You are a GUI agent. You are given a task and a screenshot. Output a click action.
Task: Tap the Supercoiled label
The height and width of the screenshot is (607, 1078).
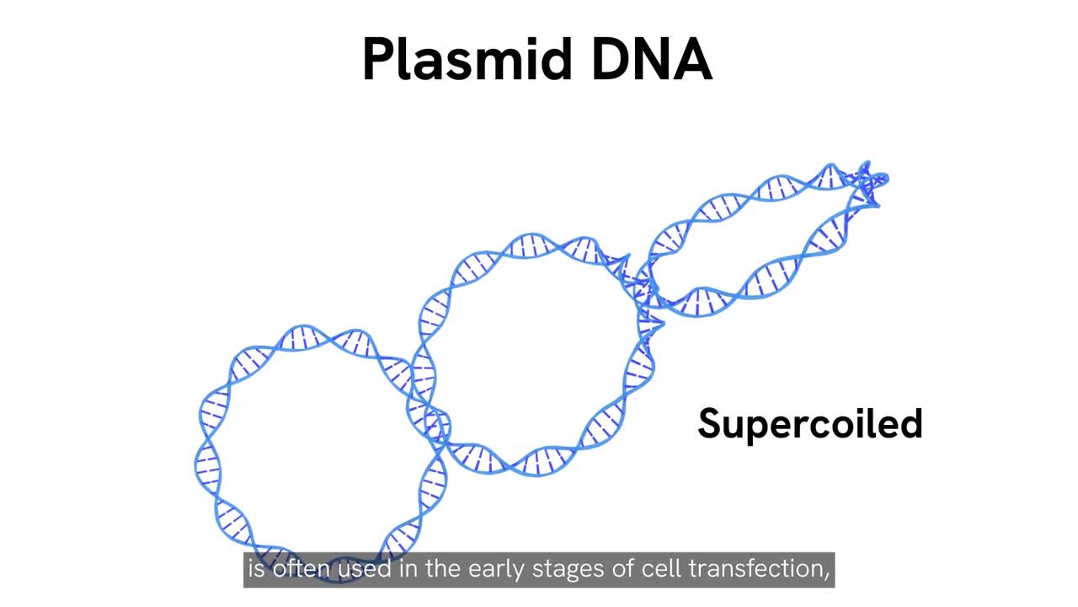809,423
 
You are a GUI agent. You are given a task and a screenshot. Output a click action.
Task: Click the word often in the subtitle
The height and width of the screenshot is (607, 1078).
302,570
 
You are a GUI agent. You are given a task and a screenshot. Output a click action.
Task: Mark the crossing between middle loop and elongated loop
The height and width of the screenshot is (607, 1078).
640,287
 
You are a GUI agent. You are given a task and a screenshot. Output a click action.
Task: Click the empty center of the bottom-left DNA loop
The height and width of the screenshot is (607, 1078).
320,455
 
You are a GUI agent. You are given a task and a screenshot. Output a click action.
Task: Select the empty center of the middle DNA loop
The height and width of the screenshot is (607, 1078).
531,354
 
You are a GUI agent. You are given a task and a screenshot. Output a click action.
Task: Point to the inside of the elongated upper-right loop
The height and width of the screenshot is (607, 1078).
758,244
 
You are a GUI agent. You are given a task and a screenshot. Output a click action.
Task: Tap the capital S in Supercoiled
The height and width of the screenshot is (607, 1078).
709,423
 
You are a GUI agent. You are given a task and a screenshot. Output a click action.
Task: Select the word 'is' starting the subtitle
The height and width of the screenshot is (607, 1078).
255,570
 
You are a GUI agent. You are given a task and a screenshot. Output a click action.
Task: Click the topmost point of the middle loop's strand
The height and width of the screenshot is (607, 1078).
539,240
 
